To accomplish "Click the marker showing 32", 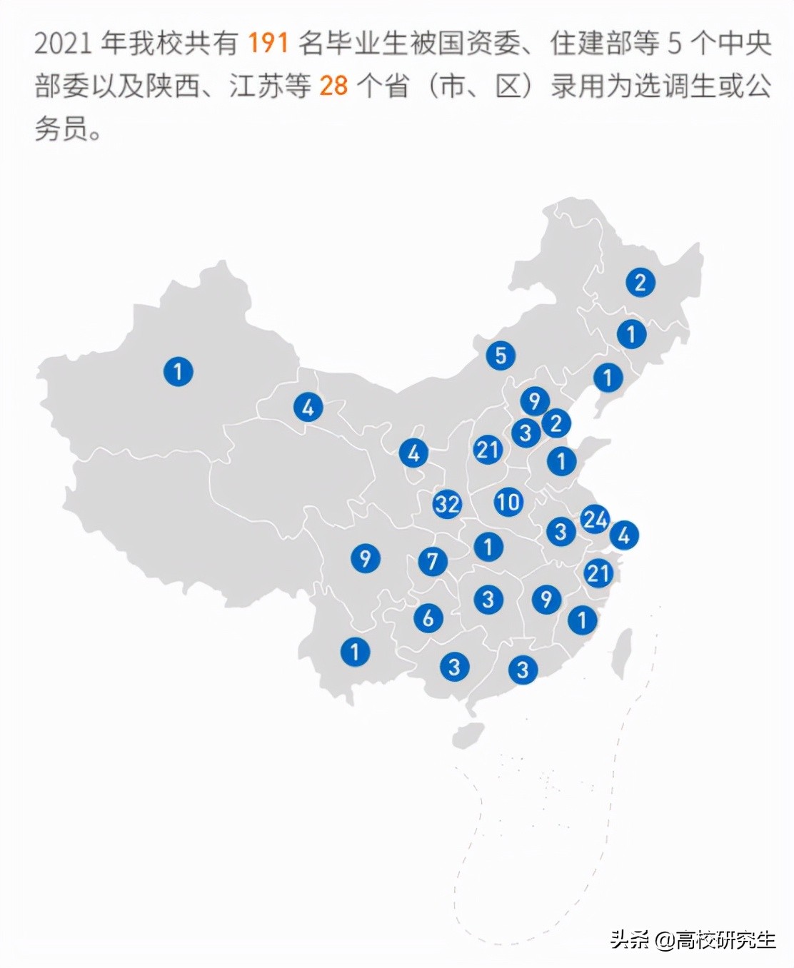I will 447,504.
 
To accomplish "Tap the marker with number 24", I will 595,519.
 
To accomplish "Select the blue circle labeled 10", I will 508,502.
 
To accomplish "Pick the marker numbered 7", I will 432,561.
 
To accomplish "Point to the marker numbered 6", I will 428,617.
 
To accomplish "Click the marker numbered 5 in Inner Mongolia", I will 501,355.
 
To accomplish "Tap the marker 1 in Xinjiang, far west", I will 178,371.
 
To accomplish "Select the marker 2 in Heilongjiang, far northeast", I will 640,282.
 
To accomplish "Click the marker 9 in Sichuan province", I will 365,558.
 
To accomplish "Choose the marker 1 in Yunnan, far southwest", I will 355,651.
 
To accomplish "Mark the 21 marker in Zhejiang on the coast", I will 598,573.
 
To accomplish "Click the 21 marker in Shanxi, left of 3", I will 488,450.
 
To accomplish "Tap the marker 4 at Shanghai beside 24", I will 623,534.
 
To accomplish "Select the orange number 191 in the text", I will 268,44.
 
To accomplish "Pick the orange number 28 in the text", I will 333,86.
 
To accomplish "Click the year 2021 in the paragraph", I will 63,44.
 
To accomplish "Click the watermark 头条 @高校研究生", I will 693,939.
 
